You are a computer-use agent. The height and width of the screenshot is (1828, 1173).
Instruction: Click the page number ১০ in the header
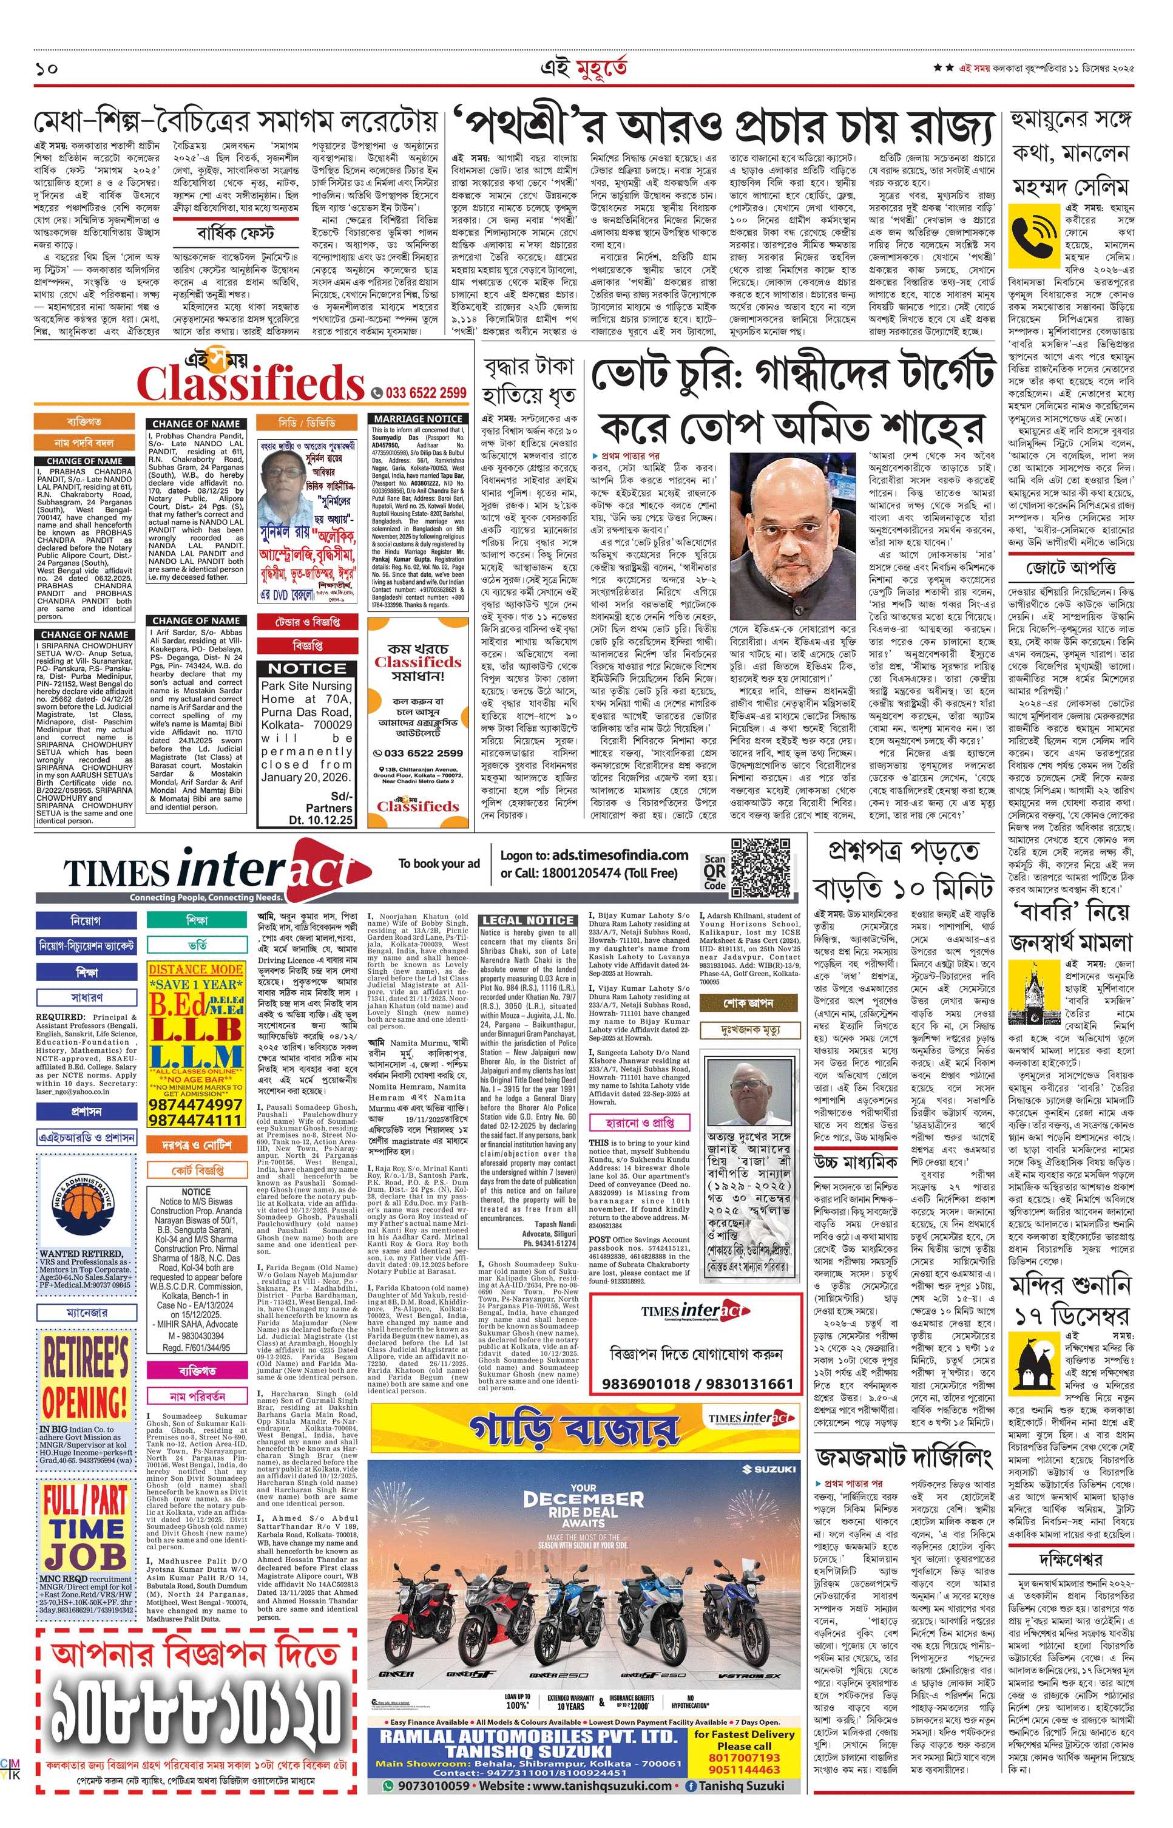click(47, 68)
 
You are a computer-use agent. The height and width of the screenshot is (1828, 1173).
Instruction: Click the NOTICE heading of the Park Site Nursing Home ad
click(308, 668)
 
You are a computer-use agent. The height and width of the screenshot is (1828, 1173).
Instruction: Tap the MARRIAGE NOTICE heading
click(418, 418)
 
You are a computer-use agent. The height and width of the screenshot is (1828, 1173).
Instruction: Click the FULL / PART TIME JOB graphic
click(86, 1514)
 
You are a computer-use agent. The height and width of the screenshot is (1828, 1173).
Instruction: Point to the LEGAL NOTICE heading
click(527, 920)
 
